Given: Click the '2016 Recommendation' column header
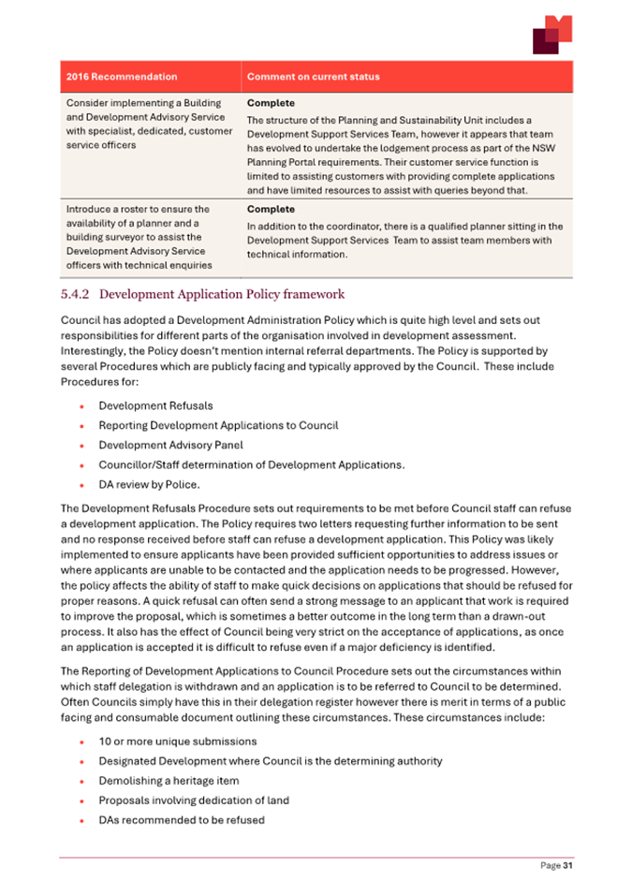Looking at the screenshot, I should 121,77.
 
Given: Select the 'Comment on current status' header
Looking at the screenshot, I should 313,77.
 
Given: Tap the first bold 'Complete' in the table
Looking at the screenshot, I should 270,103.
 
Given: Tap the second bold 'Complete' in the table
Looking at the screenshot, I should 270,210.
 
